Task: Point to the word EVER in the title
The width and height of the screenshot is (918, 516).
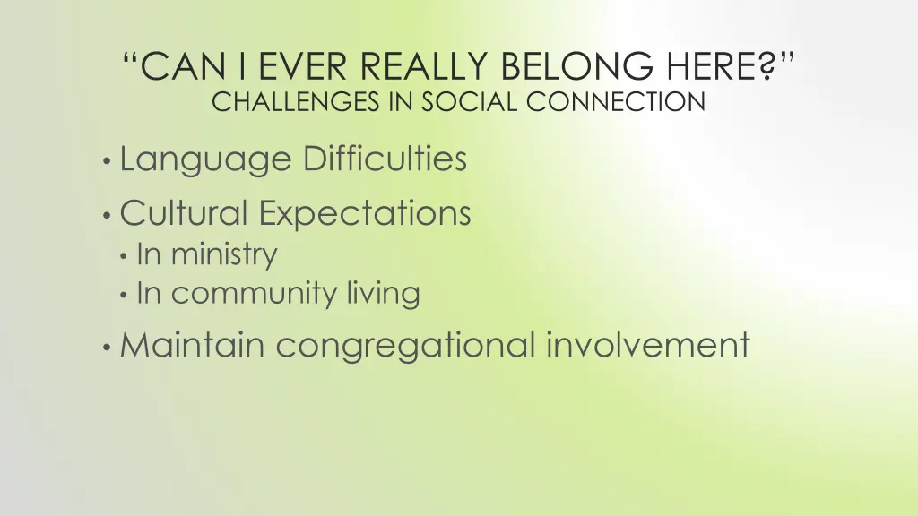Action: click(276, 65)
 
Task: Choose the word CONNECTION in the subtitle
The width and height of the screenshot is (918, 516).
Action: click(617, 102)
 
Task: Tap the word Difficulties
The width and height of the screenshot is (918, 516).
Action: click(385, 159)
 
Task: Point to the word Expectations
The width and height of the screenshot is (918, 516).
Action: click(365, 214)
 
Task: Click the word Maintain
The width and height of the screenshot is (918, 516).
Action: click(193, 345)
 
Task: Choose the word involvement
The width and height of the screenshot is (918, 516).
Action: click(648, 345)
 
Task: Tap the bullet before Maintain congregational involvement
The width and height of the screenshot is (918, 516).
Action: click(107, 348)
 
